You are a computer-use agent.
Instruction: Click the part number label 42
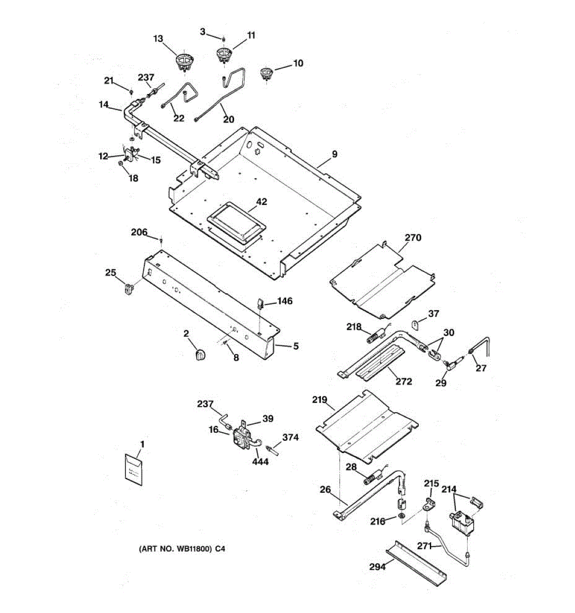click(261, 202)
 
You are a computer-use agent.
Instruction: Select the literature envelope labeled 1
click(134, 469)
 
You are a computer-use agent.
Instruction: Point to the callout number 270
click(413, 238)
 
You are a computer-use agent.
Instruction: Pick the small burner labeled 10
click(266, 74)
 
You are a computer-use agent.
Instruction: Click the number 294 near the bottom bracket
click(377, 567)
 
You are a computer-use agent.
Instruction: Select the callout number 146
click(285, 301)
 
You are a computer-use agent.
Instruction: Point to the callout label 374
click(290, 437)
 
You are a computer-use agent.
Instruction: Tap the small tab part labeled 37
click(416, 325)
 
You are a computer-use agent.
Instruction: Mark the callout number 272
click(404, 382)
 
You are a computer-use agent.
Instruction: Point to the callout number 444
click(260, 461)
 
